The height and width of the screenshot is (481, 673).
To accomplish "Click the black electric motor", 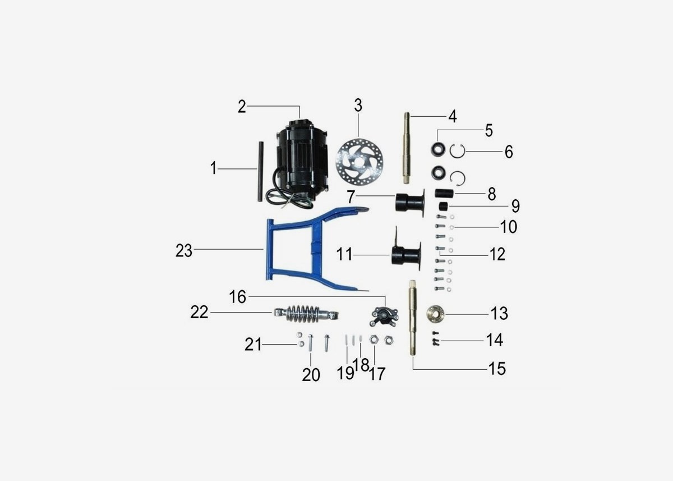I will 300,160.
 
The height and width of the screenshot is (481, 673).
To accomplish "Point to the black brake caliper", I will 383,316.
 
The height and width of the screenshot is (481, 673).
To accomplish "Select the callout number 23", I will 184,251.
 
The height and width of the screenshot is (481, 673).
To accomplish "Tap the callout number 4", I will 452,117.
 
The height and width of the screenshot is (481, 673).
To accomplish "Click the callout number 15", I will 497,369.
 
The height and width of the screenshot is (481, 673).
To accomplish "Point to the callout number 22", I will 199,313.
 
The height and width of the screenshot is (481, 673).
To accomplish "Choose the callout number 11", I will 344,254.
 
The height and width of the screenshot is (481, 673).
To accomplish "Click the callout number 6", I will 508,152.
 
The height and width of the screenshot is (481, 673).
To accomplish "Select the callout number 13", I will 499,313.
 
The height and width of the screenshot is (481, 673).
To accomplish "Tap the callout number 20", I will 311,374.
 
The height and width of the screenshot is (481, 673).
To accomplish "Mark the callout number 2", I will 242,107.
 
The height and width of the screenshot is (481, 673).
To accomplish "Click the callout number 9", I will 515,207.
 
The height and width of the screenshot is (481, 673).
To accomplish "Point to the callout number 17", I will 377,373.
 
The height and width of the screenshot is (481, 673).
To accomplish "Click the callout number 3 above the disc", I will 358,106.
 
